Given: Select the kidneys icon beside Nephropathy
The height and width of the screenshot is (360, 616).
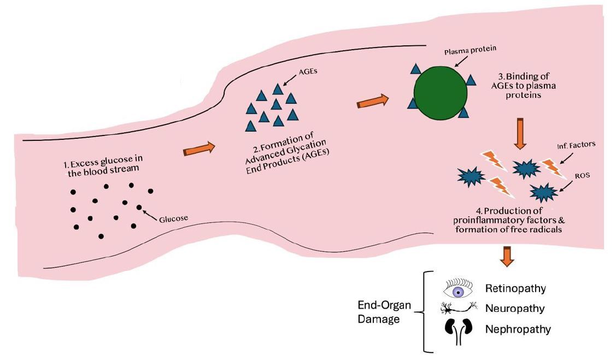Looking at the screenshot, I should tap(458, 329).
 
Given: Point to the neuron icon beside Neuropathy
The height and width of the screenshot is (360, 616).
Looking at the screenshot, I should tap(459, 309).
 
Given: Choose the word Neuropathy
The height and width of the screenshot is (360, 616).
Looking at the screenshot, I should tap(515, 309).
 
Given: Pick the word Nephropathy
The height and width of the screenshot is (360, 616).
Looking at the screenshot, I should tap(518, 329).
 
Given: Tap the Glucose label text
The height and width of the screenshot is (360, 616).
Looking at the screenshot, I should tap(173, 219).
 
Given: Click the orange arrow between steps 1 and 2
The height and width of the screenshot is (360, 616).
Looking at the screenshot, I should tap(200, 149).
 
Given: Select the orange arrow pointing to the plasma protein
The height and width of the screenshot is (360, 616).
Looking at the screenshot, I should tap(372, 102).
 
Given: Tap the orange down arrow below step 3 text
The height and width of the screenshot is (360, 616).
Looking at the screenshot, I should tap(520, 134).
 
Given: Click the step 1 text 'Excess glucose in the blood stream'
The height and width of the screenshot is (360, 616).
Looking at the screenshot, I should tap(102, 163).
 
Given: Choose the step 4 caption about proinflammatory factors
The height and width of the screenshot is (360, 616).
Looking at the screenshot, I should tap(508, 220).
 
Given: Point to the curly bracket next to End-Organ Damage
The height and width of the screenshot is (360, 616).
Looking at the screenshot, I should tap(427, 311).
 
